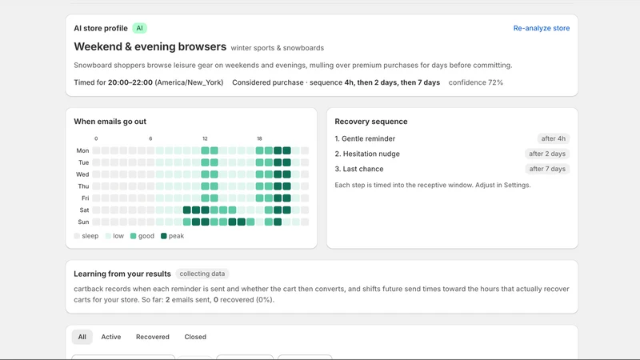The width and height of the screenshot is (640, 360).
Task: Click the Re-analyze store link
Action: point(542,28)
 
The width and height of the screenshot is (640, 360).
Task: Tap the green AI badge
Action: point(139,28)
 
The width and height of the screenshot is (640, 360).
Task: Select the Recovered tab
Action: point(153,337)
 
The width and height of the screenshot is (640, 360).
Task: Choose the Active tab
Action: point(111,337)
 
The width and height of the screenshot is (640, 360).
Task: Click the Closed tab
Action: point(195,337)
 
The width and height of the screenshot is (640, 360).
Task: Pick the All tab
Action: point(82,337)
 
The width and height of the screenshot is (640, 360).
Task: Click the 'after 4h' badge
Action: point(553,138)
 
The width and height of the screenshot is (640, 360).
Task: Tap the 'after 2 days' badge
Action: point(547,154)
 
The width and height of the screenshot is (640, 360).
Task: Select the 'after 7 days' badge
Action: point(547,169)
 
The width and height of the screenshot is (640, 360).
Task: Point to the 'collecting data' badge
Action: point(202,274)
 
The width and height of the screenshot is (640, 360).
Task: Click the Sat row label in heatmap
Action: point(84,210)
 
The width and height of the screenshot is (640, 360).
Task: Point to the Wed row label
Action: point(82,174)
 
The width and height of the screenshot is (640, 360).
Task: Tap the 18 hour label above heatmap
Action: point(259,138)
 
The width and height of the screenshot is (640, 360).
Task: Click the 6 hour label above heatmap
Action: point(150,138)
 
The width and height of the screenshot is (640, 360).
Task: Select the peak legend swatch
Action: point(164,236)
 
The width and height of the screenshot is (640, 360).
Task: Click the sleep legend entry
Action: point(86,236)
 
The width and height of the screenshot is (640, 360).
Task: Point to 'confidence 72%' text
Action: point(475,82)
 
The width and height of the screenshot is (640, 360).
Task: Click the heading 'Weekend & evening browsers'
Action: point(150,46)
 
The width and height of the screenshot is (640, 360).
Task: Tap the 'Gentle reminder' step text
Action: point(368,138)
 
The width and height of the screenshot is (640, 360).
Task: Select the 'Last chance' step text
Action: point(363,169)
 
